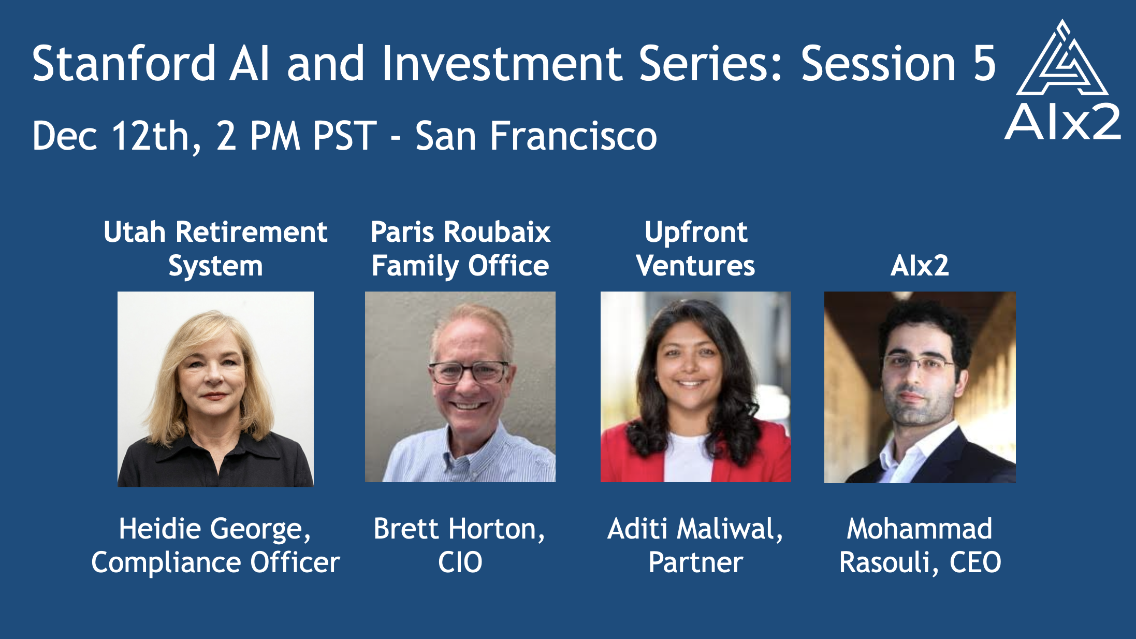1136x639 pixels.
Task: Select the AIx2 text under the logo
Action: [x=1062, y=122]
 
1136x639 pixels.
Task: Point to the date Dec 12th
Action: [x=116, y=136]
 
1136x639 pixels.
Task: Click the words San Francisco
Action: [x=536, y=136]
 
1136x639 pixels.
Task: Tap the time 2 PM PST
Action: [x=297, y=136]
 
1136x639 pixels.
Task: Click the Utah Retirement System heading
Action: [x=215, y=249]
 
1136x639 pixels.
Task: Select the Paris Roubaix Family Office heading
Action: [x=460, y=249]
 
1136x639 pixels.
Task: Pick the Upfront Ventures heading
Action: [x=695, y=249]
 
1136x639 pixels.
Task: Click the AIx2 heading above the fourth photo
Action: [x=920, y=266]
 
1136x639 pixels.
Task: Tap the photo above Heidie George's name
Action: [x=215, y=389]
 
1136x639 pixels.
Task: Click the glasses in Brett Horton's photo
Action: [x=469, y=372]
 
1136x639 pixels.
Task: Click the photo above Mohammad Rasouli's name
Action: [x=920, y=387]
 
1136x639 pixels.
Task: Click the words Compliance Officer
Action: [x=215, y=563]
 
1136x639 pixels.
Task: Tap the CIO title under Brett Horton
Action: [x=460, y=562]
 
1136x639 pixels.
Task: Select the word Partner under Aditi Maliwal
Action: [x=695, y=563]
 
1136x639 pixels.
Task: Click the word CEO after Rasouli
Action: [x=975, y=562]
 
